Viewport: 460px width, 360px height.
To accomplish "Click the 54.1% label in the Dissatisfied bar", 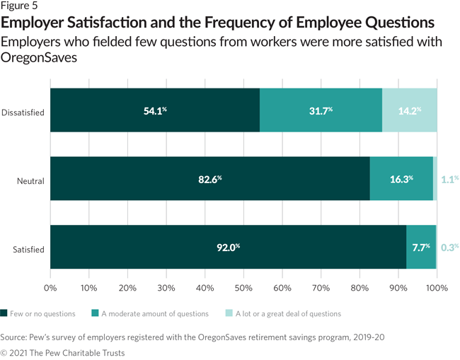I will [x=154, y=111].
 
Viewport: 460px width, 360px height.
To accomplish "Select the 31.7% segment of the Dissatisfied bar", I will [x=321, y=111].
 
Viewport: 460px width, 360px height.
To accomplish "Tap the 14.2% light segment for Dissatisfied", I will [x=410, y=111].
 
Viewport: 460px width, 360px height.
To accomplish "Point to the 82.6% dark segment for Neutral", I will [x=210, y=180].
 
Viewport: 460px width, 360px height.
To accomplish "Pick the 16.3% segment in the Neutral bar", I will [x=401, y=180].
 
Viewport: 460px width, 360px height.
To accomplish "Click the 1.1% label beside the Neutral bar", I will [x=449, y=180].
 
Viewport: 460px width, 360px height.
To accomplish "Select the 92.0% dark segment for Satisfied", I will [x=228, y=248].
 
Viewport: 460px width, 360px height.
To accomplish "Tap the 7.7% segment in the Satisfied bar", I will [x=421, y=248].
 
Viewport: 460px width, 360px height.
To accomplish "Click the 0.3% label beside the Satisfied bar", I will [x=449, y=248].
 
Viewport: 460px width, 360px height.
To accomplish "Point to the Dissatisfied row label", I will [x=23, y=112].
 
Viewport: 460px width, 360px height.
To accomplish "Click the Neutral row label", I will [x=30, y=180].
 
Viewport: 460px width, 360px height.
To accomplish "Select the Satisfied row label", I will [x=28, y=249].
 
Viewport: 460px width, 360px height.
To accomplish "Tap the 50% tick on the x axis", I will [x=243, y=288].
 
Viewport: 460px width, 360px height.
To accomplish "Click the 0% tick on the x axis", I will [x=50, y=288].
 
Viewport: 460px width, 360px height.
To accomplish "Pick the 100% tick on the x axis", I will [x=436, y=288].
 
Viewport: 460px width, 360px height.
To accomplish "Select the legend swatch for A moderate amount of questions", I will [x=96, y=313].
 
